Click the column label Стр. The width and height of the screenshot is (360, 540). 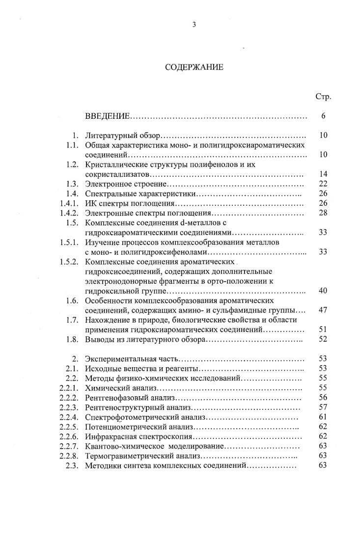coord(323,96)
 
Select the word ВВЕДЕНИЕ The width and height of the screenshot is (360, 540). coord(107,116)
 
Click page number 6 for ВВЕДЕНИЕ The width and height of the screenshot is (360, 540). coord(323,116)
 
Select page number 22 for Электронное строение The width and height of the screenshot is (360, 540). coord(323,184)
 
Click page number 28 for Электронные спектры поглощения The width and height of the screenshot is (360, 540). coord(323,213)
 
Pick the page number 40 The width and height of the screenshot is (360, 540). coord(323,291)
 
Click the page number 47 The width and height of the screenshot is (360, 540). coord(323,310)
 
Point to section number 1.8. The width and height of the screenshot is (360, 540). coord(72,339)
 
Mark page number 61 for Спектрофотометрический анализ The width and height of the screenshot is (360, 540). coord(323,417)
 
